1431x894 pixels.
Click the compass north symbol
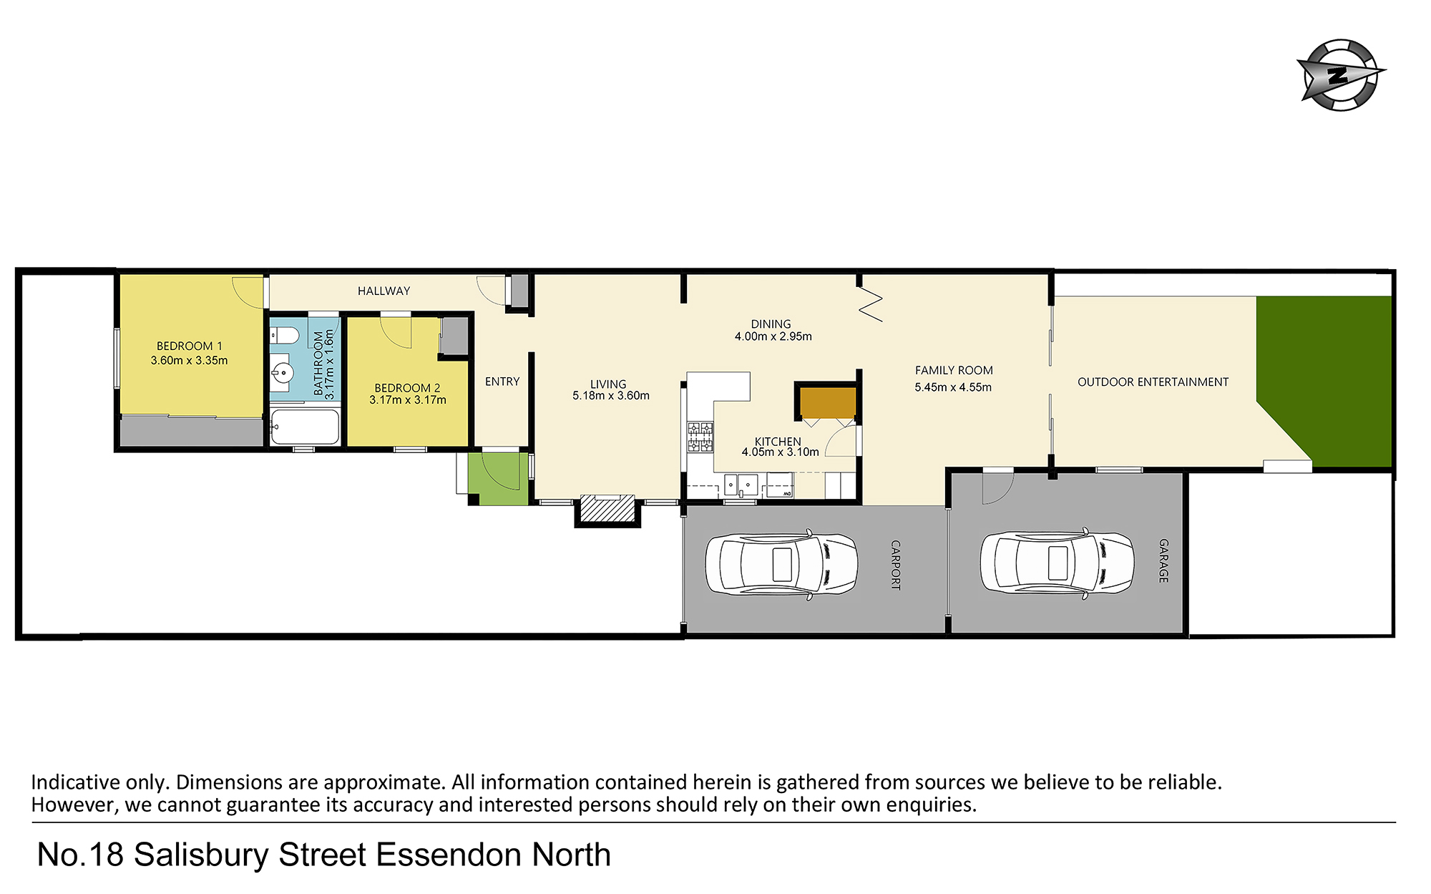pyautogui.click(x=1341, y=75)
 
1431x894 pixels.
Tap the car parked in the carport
pyautogui.click(x=781, y=564)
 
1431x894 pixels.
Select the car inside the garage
pyautogui.click(x=1057, y=563)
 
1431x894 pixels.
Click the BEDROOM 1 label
pyautogui.click(x=190, y=346)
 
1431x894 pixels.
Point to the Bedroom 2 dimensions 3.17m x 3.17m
pyautogui.click(x=408, y=400)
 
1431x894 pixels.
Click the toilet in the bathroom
pyautogui.click(x=285, y=335)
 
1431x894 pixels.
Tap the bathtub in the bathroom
pyautogui.click(x=305, y=427)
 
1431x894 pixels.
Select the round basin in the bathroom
pyautogui.click(x=283, y=373)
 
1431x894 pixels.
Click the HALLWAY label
pyautogui.click(x=384, y=291)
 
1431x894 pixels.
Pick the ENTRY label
pyautogui.click(x=502, y=382)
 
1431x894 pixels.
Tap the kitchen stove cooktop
pyautogui.click(x=700, y=437)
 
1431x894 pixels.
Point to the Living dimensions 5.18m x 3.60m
pyautogui.click(x=611, y=396)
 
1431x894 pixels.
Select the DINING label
pyautogui.click(x=771, y=324)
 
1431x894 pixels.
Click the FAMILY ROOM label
pyautogui.click(x=954, y=371)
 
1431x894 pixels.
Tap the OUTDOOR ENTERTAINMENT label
pyautogui.click(x=1153, y=382)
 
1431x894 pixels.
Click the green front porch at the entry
pyautogui.click(x=499, y=479)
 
